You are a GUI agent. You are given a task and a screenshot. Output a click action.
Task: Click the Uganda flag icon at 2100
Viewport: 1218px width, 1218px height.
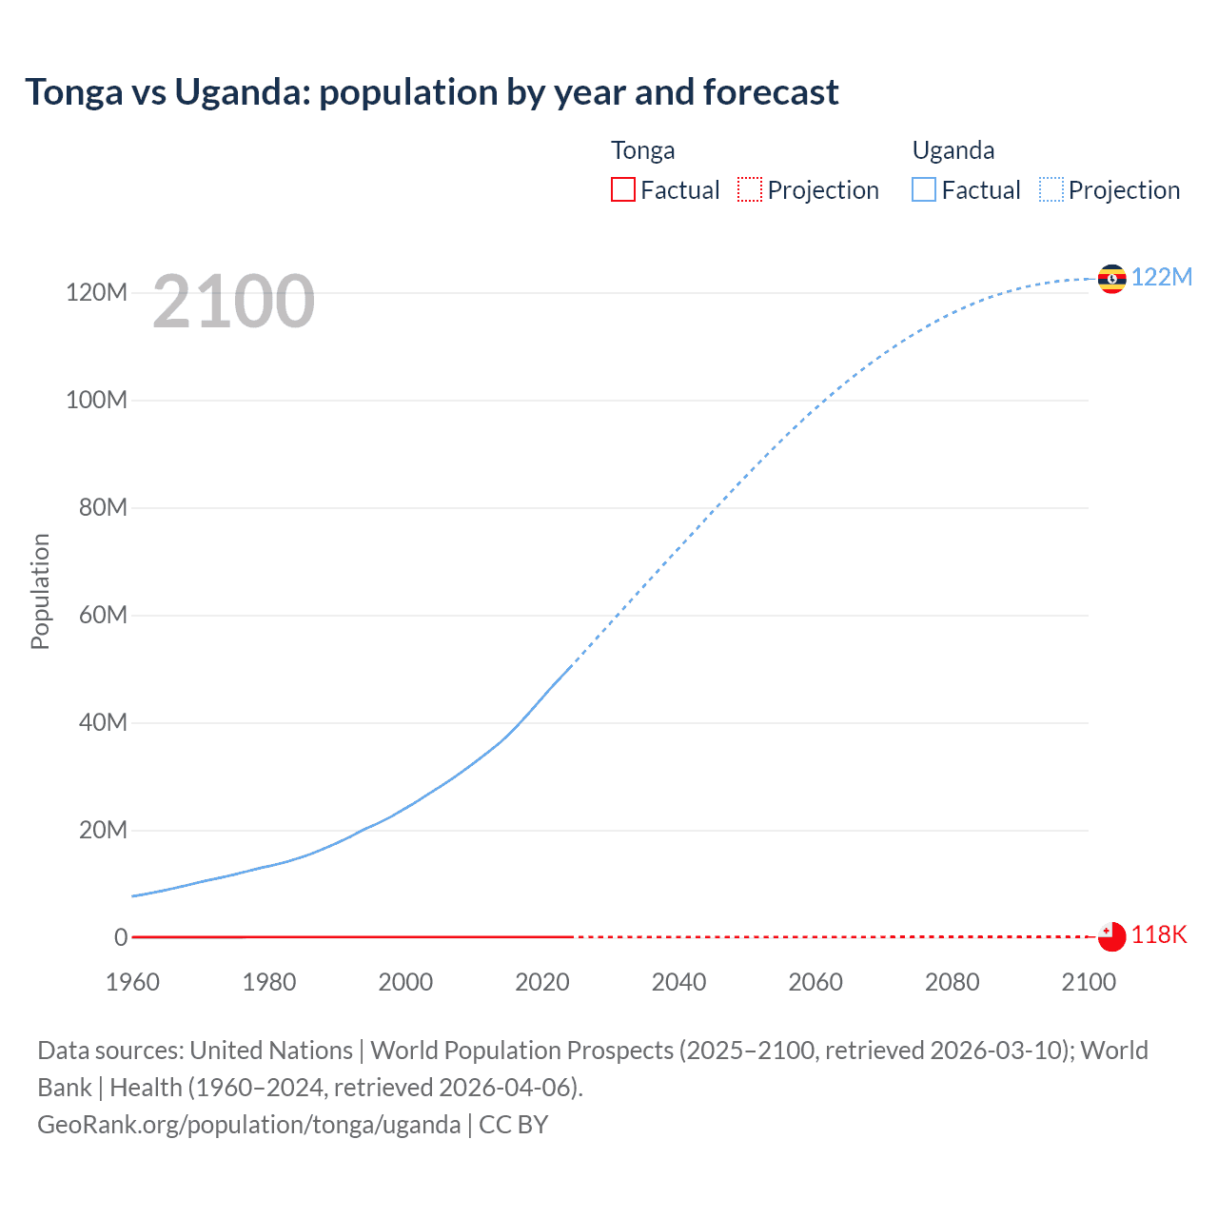(x=1111, y=279)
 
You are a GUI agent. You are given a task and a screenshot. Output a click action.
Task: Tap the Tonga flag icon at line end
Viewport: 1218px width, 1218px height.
(x=1111, y=936)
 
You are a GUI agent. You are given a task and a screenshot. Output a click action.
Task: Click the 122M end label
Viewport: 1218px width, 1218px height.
(x=1161, y=277)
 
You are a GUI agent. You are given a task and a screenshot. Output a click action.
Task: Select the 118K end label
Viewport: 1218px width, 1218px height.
(x=1159, y=934)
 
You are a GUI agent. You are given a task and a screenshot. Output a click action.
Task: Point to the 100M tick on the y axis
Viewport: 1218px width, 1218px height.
(x=96, y=400)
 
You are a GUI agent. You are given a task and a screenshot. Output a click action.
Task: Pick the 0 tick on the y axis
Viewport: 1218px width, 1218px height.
(x=121, y=937)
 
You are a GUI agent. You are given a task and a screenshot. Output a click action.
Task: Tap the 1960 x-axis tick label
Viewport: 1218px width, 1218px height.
(x=132, y=982)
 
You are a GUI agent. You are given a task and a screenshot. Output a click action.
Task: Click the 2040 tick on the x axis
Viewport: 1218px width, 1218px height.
(x=678, y=982)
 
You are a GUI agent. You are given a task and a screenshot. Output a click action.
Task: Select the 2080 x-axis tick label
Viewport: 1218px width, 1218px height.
(x=952, y=982)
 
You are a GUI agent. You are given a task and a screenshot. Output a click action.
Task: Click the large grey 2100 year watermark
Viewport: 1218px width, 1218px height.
(x=233, y=302)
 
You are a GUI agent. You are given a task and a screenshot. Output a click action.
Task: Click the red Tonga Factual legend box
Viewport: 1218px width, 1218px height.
(x=623, y=189)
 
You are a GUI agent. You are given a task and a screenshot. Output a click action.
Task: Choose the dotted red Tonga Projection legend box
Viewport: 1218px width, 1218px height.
(x=750, y=189)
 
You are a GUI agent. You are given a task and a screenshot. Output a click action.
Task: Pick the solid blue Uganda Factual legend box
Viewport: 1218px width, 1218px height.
(x=924, y=189)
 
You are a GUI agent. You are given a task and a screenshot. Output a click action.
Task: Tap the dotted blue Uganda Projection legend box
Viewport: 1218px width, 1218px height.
(x=1051, y=189)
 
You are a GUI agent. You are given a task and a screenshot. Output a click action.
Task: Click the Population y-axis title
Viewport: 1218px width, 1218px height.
(x=40, y=591)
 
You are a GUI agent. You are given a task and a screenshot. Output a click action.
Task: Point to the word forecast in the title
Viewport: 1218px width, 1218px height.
(x=771, y=92)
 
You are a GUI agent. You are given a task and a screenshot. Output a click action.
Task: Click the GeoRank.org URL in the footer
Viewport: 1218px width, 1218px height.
(x=248, y=1124)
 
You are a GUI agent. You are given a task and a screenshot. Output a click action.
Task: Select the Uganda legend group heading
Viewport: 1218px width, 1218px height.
(x=953, y=150)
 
